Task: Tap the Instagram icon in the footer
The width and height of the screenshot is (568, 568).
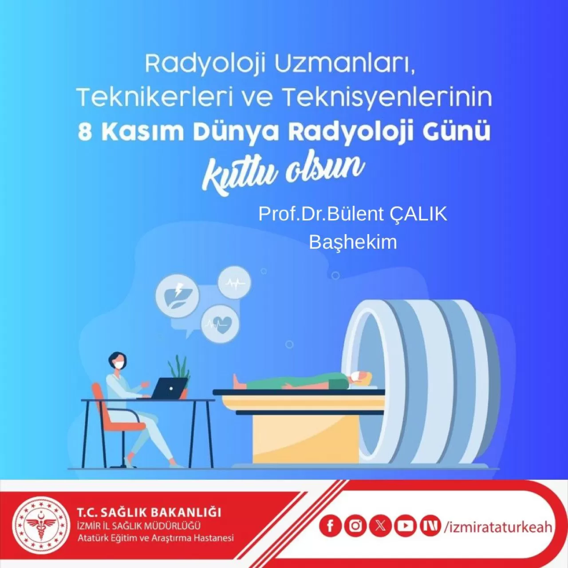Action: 355,526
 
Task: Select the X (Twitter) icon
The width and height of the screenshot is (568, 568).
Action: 380,526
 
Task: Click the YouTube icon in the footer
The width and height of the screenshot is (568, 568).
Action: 405,526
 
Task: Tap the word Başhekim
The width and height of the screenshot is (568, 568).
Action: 353,242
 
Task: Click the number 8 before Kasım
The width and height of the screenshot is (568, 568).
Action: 85,132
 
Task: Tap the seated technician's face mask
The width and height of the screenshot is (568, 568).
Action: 119,365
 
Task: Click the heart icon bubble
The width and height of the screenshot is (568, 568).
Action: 221,324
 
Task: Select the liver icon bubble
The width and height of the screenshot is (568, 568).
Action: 177,296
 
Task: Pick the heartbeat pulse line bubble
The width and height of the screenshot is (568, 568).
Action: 234,282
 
